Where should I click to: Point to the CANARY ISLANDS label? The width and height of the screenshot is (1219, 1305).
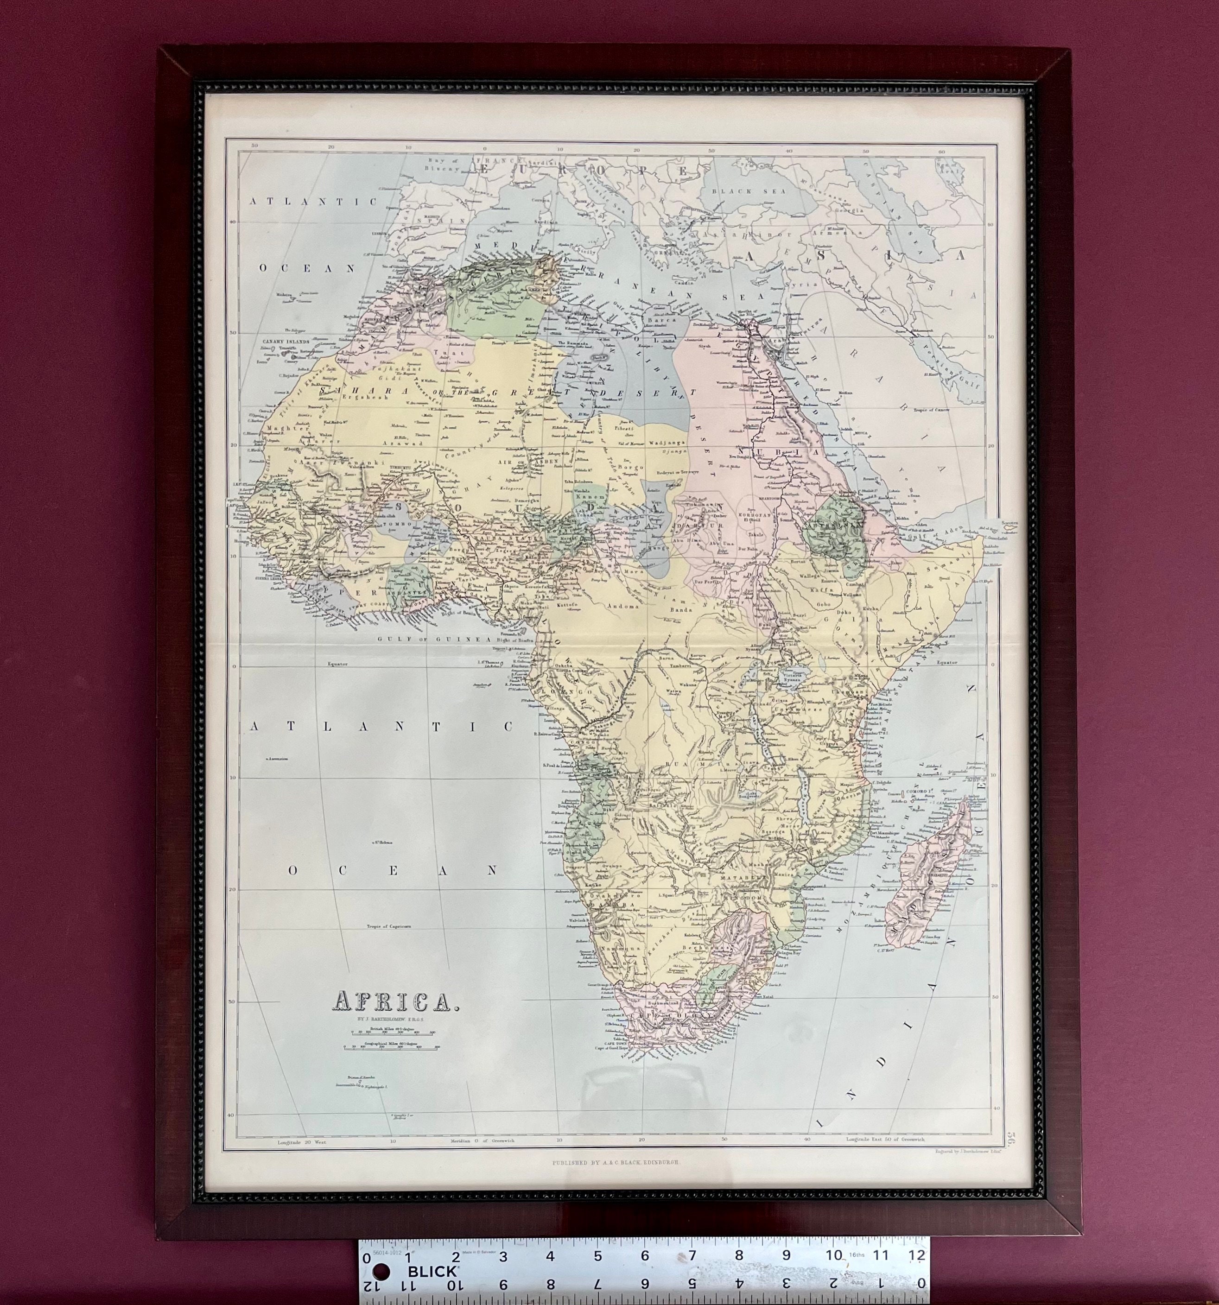tap(287, 342)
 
